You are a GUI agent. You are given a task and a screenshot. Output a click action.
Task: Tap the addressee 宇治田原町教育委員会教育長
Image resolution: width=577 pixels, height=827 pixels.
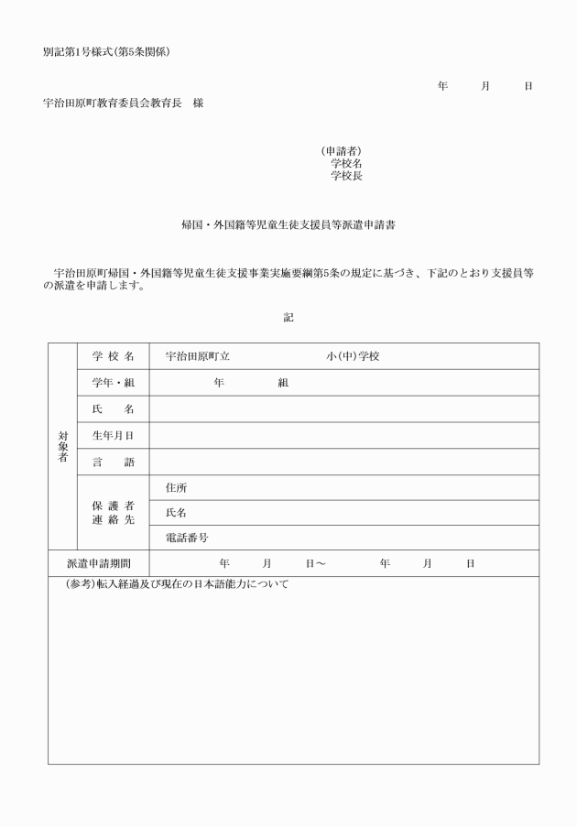[x=113, y=103]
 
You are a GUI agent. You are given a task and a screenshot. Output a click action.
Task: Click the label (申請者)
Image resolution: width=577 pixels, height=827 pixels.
[x=342, y=150]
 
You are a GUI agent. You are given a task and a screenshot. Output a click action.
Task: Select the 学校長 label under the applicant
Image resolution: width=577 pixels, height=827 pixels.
[x=346, y=176]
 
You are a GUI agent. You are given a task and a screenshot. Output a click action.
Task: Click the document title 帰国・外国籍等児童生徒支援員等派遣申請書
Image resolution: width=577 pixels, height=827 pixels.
[x=288, y=223]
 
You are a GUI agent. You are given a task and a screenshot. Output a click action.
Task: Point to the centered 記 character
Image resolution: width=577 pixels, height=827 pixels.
[x=288, y=317]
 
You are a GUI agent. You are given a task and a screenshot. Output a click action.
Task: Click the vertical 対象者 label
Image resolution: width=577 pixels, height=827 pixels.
[x=62, y=446]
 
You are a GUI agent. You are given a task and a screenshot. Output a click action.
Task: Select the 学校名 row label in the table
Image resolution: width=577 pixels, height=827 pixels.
[x=113, y=356]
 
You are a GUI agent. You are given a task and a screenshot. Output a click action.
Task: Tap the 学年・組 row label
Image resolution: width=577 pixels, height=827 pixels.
[x=113, y=383]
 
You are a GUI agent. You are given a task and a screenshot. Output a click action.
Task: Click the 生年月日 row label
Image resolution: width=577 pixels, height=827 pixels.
[x=113, y=436]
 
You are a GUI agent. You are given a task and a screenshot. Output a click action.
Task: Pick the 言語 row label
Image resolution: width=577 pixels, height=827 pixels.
[x=113, y=462]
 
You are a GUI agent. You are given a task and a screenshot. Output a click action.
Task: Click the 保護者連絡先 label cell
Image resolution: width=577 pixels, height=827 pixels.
[x=113, y=513]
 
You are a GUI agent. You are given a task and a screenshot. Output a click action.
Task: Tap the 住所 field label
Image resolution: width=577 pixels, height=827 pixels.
[x=176, y=488]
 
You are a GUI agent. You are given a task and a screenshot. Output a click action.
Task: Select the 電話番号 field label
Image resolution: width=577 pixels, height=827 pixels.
[x=186, y=538]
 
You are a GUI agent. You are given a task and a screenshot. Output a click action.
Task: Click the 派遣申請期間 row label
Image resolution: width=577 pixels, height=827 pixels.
[x=99, y=563]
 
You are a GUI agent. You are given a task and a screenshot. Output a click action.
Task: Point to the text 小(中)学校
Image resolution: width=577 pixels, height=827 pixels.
[x=353, y=356]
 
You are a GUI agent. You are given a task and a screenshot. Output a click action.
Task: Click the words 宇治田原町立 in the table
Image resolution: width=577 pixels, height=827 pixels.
[x=197, y=356]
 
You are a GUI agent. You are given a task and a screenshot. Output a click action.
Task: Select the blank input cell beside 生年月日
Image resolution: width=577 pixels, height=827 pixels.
[x=343, y=436]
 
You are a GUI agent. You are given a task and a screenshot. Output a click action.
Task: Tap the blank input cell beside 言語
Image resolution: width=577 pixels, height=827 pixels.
[x=343, y=462]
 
